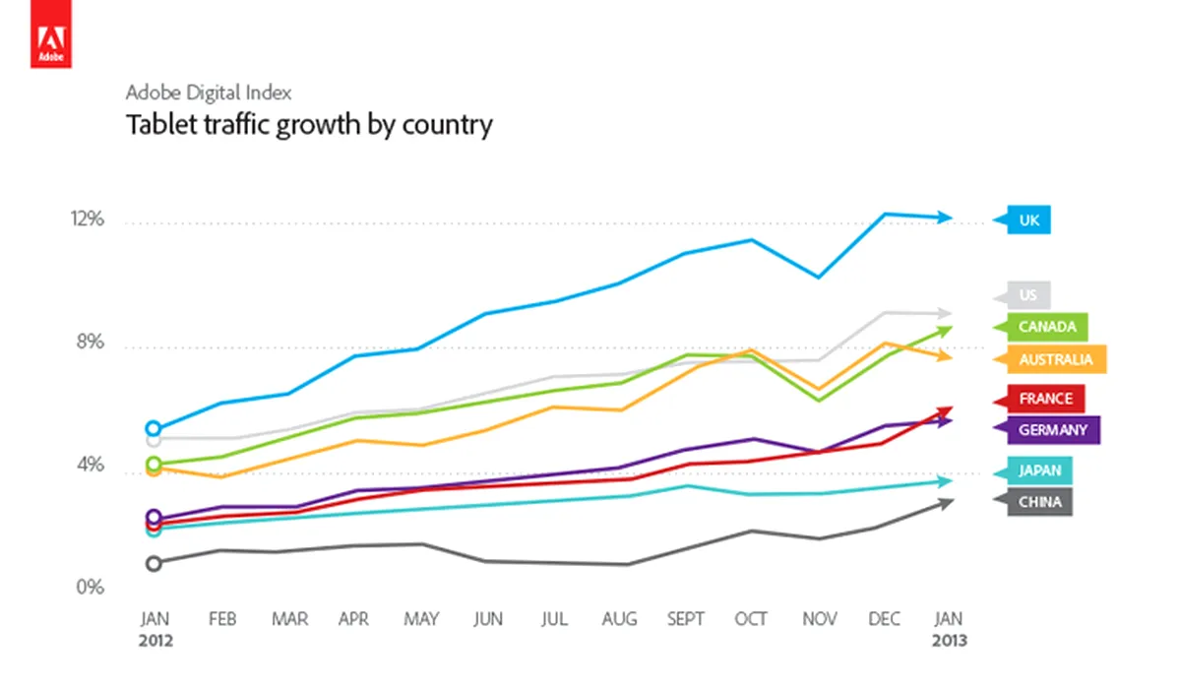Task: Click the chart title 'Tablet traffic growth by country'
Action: click(x=309, y=125)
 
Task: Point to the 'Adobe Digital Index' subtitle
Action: click(x=209, y=93)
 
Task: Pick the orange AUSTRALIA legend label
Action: click(x=1053, y=359)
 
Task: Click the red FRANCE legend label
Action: click(x=1044, y=399)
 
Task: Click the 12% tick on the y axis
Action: click(x=88, y=219)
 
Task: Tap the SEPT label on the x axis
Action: click(x=686, y=619)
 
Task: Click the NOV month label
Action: click(x=818, y=619)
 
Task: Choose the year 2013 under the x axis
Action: click(x=949, y=640)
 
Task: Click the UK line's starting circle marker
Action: click(x=154, y=428)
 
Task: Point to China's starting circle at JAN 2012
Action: click(x=154, y=563)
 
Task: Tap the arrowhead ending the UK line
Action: click(x=946, y=218)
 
